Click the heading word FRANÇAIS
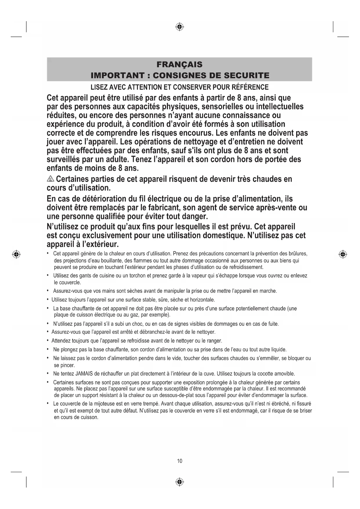coord(179,64)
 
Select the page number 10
coord(180,461)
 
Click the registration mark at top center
coord(180,27)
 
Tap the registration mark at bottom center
coord(180,482)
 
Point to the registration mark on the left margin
coord(17,255)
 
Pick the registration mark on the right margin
coord(343,255)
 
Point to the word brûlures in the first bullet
coord(298,254)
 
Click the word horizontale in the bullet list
coord(202,299)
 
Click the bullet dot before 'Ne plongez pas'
coord(48,349)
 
